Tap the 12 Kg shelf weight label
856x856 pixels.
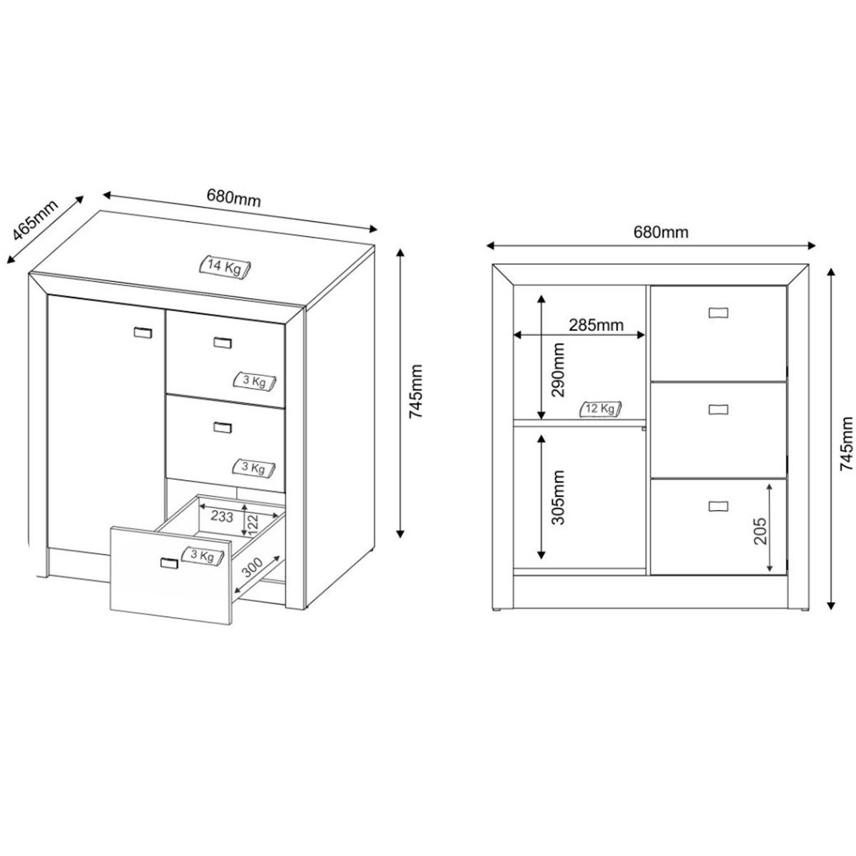(x=600, y=409)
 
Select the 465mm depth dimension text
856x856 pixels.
(x=35, y=226)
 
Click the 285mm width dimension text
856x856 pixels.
(x=596, y=325)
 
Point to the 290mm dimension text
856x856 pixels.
(x=558, y=370)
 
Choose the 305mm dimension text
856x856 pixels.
(x=558, y=497)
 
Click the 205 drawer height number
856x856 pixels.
(x=760, y=531)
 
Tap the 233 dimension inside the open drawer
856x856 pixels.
(x=222, y=516)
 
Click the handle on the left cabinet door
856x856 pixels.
(x=143, y=332)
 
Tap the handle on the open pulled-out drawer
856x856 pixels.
(x=169, y=564)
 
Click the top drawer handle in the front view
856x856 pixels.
(x=718, y=312)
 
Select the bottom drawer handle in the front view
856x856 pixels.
(x=718, y=506)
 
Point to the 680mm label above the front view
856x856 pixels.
(x=661, y=232)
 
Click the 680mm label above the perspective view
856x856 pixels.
(x=234, y=198)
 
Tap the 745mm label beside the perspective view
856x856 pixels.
(x=416, y=392)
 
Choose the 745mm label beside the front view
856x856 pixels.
(x=847, y=443)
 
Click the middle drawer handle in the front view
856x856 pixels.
(x=718, y=409)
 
